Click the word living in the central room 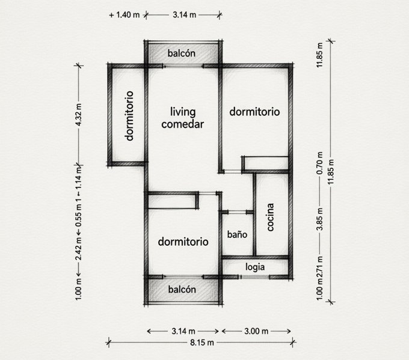(183, 112)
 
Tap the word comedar (183, 124)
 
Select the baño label (237, 234)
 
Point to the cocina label (270, 217)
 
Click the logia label (255, 267)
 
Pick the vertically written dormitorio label (129, 116)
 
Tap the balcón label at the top (182, 53)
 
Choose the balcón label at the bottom (182, 289)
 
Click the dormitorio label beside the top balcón (254, 112)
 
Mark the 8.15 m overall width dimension (202, 343)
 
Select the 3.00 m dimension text (256, 331)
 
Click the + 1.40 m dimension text (124, 15)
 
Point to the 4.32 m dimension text (79, 115)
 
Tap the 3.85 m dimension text (320, 219)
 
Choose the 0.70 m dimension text (320, 163)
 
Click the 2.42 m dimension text (79, 249)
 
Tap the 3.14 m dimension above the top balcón (184, 15)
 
